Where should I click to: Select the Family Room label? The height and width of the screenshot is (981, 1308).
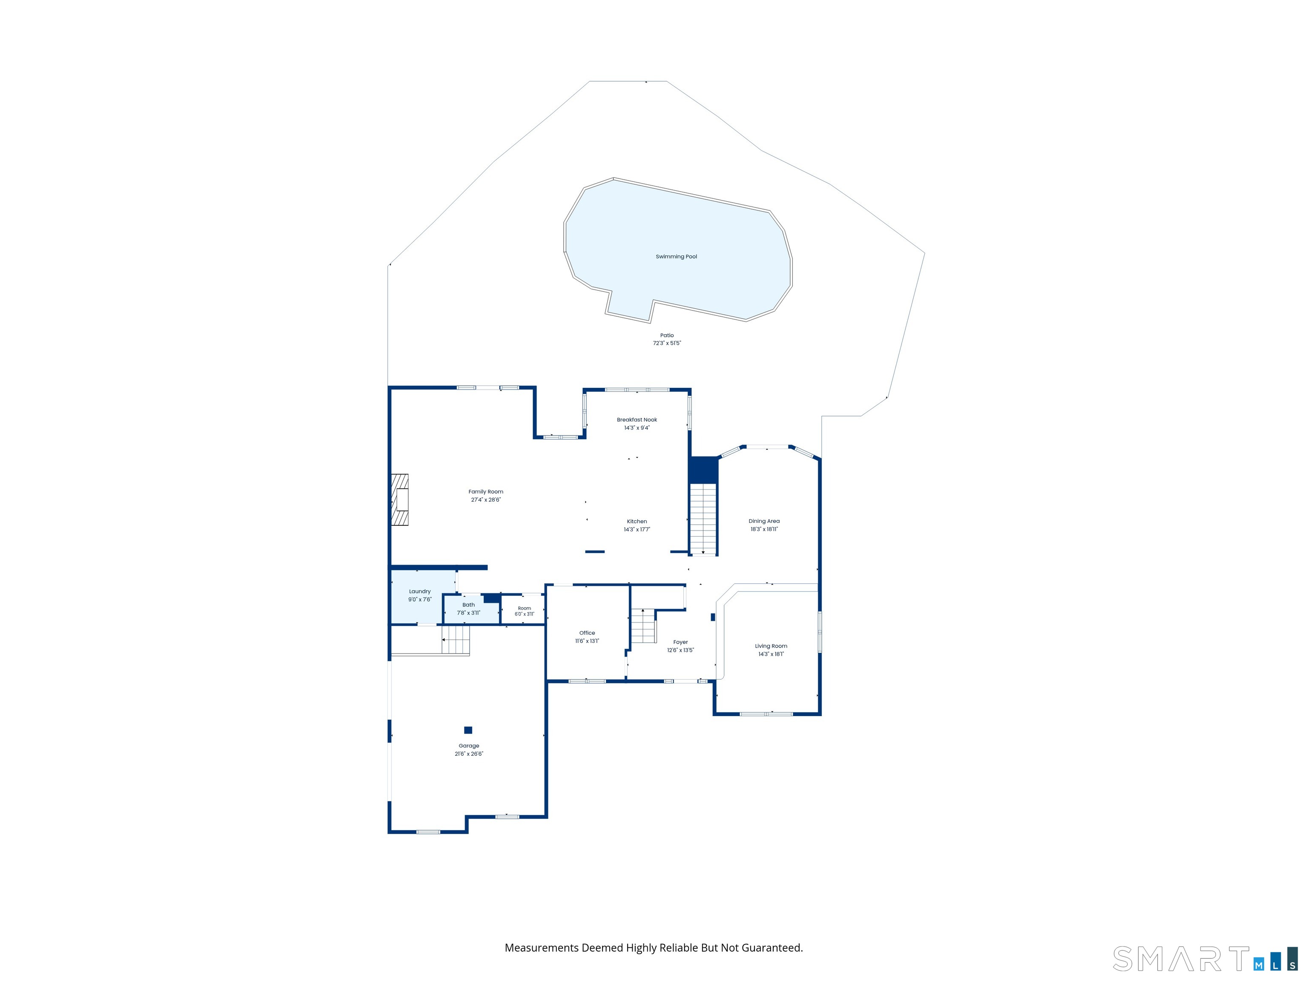tap(485, 491)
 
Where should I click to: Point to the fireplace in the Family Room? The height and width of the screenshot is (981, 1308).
tap(400, 500)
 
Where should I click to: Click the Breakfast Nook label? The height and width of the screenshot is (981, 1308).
tap(637, 420)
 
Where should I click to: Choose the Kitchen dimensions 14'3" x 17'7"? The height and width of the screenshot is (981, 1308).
tap(637, 530)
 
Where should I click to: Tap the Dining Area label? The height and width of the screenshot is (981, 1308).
tap(764, 521)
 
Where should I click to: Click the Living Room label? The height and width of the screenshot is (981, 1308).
tap(771, 646)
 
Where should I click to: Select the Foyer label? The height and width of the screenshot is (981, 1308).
tap(680, 642)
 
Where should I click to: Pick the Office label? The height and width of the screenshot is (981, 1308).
tap(587, 633)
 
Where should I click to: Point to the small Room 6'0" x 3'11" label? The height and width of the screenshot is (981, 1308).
tap(525, 611)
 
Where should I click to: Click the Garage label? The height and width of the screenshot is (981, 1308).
tap(469, 746)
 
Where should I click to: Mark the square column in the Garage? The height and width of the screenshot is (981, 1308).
tap(468, 730)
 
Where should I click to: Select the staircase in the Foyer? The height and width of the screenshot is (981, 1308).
tap(643, 625)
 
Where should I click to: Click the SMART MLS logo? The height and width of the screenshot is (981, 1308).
tap(1205, 959)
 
